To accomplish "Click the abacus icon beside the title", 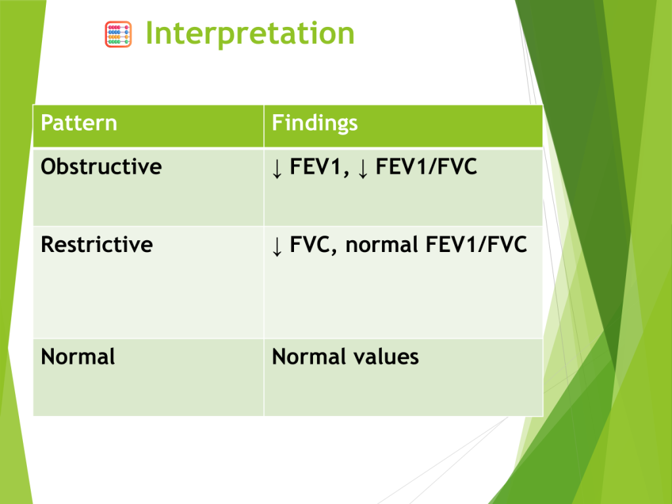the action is (118, 34).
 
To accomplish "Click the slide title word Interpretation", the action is (250, 34).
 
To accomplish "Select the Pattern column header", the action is (79, 123).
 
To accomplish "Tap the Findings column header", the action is (314, 123).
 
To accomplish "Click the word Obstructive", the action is (101, 166).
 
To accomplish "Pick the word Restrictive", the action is (97, 244).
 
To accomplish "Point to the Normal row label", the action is (78, 356).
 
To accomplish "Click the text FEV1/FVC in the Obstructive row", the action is (427, 167).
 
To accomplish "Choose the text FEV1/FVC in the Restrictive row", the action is (476, 245).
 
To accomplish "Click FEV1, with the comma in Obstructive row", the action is (320, 167).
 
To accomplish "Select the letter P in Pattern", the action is (47, 123).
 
